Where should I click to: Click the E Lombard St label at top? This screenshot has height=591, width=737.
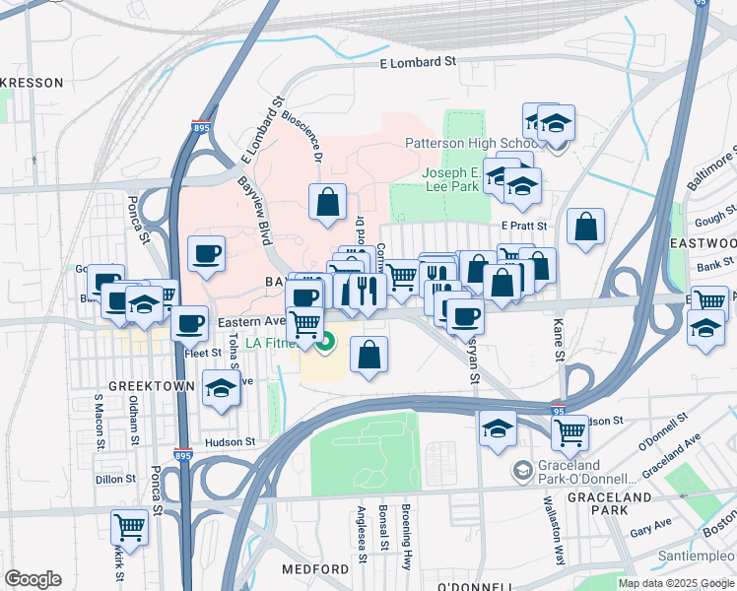pos(419,61)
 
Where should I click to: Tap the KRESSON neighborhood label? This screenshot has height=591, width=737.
pos(33,83)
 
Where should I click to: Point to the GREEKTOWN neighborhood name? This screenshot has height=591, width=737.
pos(151,386)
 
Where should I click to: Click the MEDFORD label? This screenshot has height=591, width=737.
pos(315,569)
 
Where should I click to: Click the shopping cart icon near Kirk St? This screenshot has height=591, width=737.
pos(129,527)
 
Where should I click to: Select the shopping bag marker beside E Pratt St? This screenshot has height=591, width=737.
pos(585,227)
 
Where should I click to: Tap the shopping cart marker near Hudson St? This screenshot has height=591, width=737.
pos(569,429)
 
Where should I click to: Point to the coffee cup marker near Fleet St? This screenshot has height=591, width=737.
pos(189,322)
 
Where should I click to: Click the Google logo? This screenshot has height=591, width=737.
pos(33,579)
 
